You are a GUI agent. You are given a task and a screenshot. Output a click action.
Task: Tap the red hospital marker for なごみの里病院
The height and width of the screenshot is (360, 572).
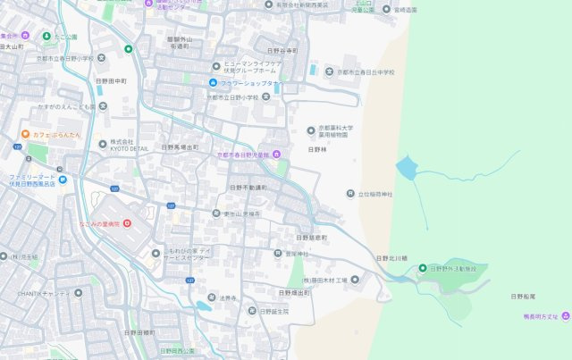127,222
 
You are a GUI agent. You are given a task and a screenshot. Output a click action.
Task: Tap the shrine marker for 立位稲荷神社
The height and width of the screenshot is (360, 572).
349,193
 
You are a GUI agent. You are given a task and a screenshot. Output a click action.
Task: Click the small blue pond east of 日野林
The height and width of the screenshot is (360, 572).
406,168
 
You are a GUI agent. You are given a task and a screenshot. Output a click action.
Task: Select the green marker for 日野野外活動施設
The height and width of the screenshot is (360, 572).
423,268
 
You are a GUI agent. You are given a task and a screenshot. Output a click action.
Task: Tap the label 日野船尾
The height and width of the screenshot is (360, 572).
523,296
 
